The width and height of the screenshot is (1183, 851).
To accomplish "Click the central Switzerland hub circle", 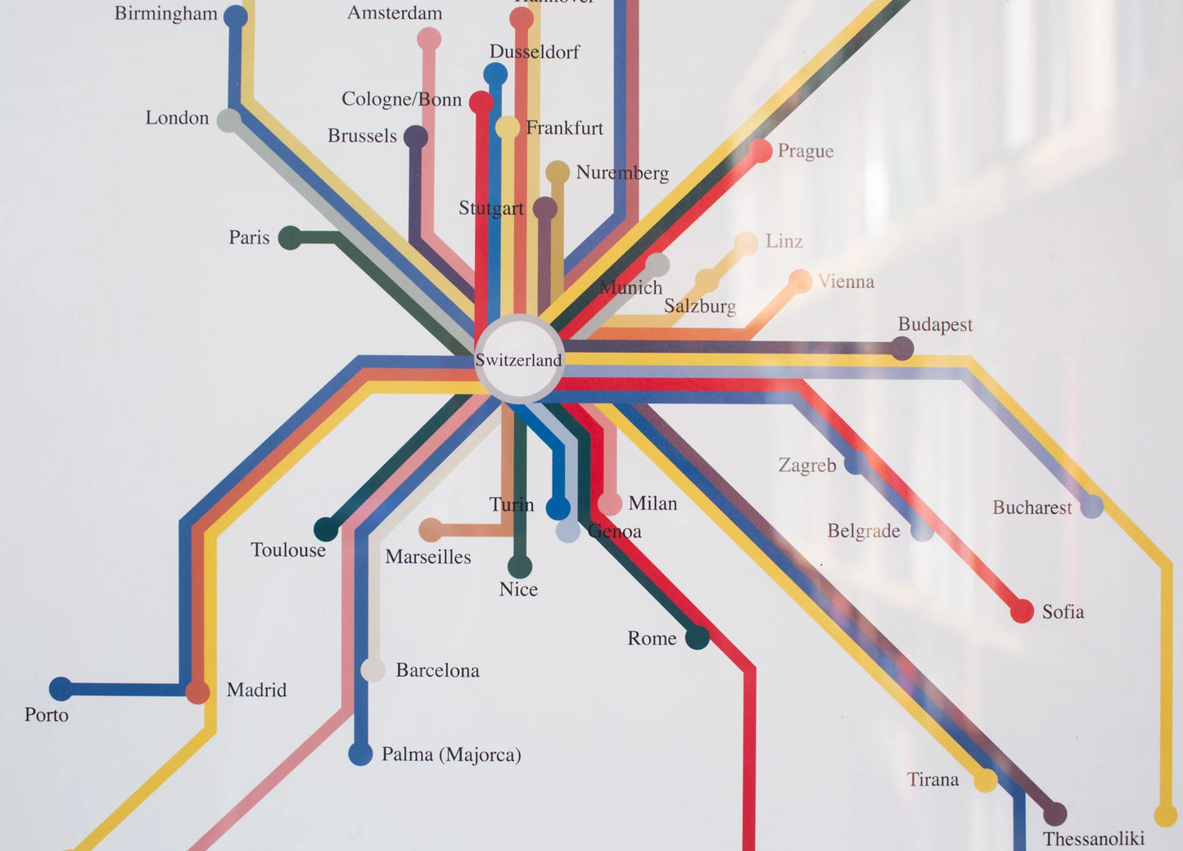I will pyautogui.click(x=519, y=358).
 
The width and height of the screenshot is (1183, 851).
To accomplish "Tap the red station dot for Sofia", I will pyautogui.click(x=1022, y=610).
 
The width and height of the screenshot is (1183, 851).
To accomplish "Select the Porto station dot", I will pyautogui.click(x=61, y=689).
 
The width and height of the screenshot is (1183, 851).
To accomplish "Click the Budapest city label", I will pyautogui.click(x=935, y=324).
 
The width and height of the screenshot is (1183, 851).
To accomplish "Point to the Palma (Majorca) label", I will pyautogui.click(x=451, y=754).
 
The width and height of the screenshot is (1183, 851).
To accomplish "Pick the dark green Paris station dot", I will pyautogui.click(x=290, y=238).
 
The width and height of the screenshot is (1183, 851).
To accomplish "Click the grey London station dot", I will pyautogui.click(x=228, y=119).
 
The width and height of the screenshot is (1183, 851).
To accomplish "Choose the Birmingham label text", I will pyautogui.click(x=166, y=13).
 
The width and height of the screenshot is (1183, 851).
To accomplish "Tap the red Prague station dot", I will pyautogui.click(x=761, y=151).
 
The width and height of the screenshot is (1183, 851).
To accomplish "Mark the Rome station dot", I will pyautogui.click(x=698, y=637).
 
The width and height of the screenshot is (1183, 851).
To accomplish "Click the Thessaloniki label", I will pyautogui.click(x=1093, y=838).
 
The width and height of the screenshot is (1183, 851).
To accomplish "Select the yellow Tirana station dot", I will pyautogui.click(x=985, y=780).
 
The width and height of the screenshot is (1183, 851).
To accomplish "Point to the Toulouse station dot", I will pyautogui.click(x=326, y=529).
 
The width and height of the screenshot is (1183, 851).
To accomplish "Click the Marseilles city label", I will pyautogui.click(x=428, y=556).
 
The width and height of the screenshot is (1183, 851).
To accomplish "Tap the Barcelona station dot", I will pyautogui.click(x=373, y=670).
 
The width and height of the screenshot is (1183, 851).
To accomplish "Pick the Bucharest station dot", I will pyautogui.click(x=1091, y=507).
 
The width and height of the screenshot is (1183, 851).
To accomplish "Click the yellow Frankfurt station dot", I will pyautogui.click(x=508, y=127).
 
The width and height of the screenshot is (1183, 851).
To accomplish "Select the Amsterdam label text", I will pyautogui.click(x=395, y=13).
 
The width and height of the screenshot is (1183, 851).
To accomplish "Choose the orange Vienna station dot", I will pyautogui.click(x=800, y=281).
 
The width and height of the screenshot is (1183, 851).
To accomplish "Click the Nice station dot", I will pyautogui.click(x=519, y=566).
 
